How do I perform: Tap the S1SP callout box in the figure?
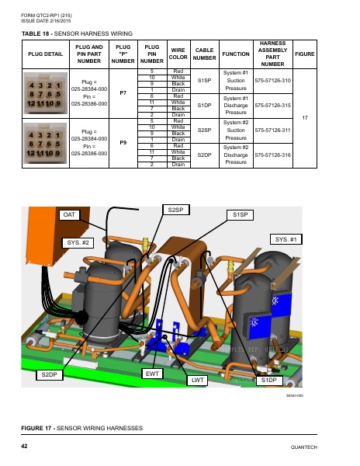point(238,214)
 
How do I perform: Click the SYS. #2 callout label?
point(76,243)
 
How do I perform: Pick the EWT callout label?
point(153,374)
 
